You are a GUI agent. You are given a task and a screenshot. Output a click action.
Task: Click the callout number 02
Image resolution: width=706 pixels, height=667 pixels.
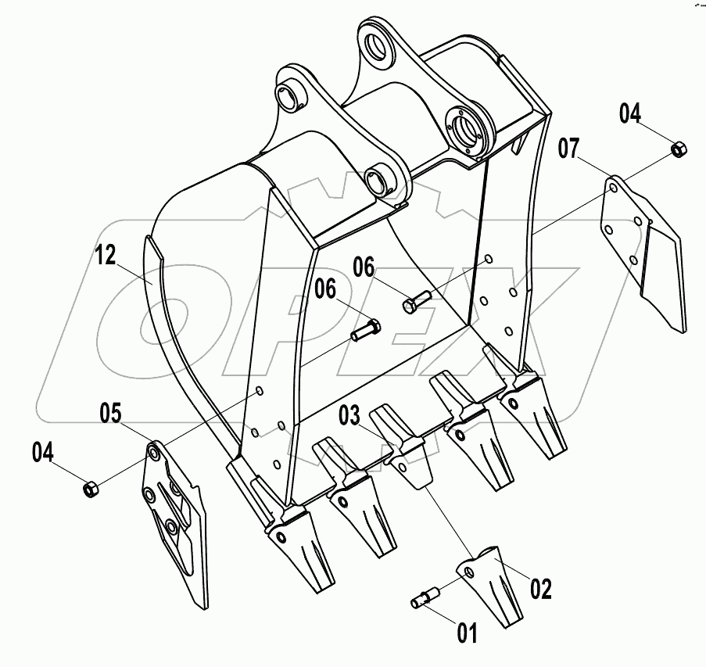(x=540, y=588)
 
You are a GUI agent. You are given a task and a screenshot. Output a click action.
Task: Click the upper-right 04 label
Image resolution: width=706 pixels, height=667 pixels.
(x=630, y=113)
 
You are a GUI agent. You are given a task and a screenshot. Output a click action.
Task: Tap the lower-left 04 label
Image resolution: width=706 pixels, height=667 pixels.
(x=45, y=451)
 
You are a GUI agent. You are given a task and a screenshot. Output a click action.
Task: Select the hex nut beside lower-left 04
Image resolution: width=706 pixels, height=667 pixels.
(x=89, y=489)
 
